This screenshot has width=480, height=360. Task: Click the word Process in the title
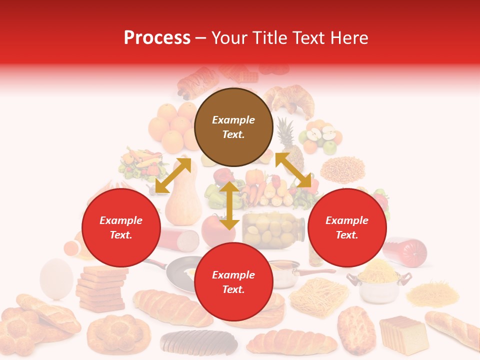(157, 38)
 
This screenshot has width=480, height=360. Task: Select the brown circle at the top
(233, 127)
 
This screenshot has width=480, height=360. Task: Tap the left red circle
(121, 227)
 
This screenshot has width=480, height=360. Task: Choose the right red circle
(347, 227)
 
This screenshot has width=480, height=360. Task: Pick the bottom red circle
(233, 282)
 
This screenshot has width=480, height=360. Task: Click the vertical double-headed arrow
(229, 205)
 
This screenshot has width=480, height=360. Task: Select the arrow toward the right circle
(293, 170)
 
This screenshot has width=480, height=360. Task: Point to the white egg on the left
(56, 278)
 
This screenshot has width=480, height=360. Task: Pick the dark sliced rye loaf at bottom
(199, 342)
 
